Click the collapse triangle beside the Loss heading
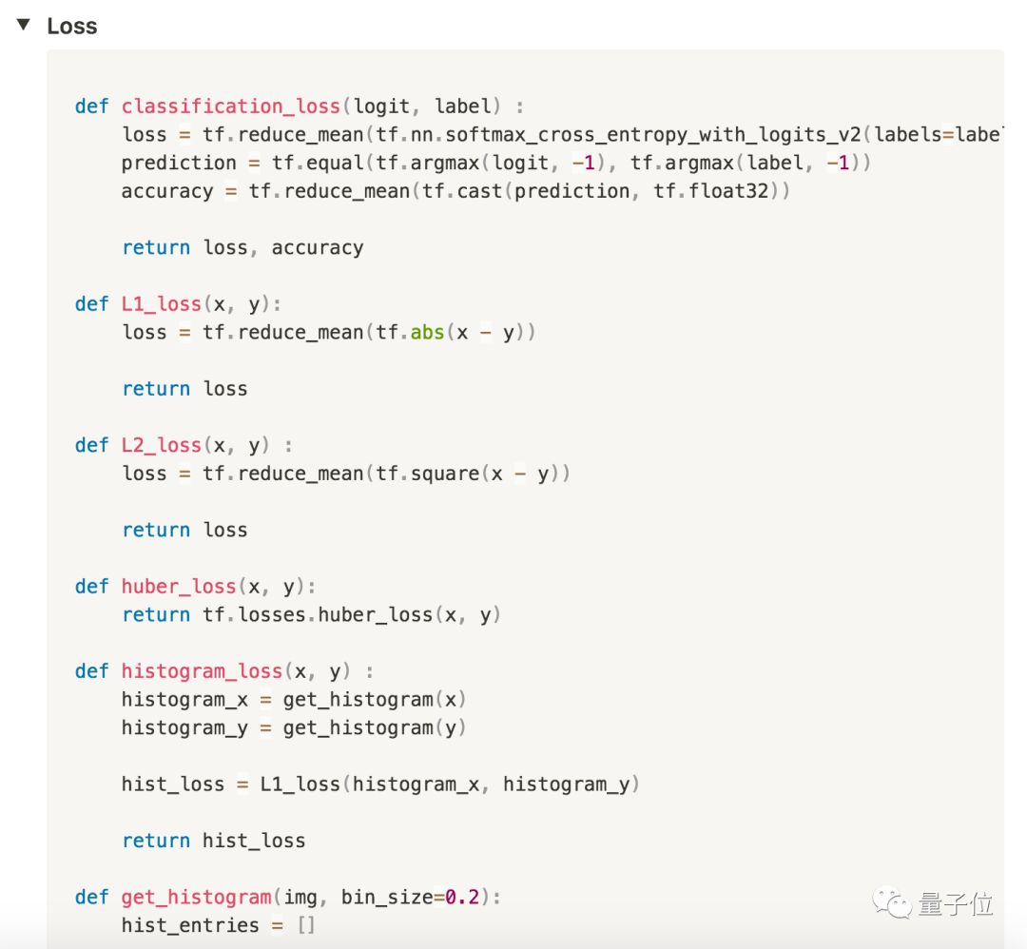click(x=23, y=25)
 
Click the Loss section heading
click(x=72, y=26)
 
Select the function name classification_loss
click(x=231, y=106)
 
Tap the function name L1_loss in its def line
click(x=162, y=303)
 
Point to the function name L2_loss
click(x=162, y=445)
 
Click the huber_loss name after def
click(x=179, y=586)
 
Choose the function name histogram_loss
click(x=202, y=671)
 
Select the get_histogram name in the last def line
click(x=196, y=897)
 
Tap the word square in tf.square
click(x=445, y=474)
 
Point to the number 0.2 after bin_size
click(x=463, y=897)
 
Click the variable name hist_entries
click(x=190, y=925)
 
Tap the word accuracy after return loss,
click(x=318, y=247)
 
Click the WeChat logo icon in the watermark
click(x=893, y=902)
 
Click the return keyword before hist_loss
click(x=156, y=841)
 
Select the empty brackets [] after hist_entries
click(x=305, y=925)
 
